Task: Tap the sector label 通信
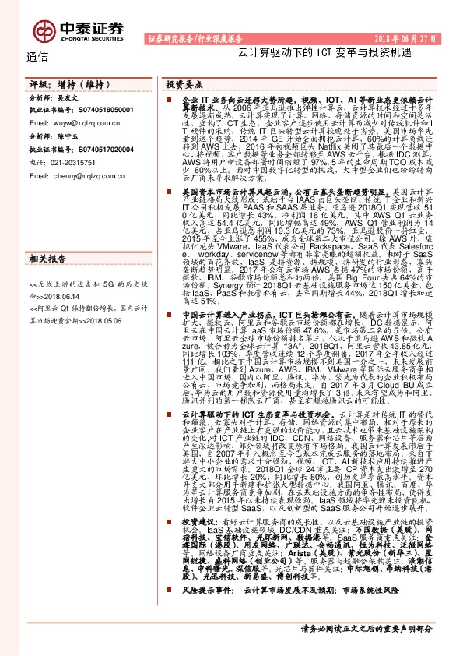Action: (x=37, y=56)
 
